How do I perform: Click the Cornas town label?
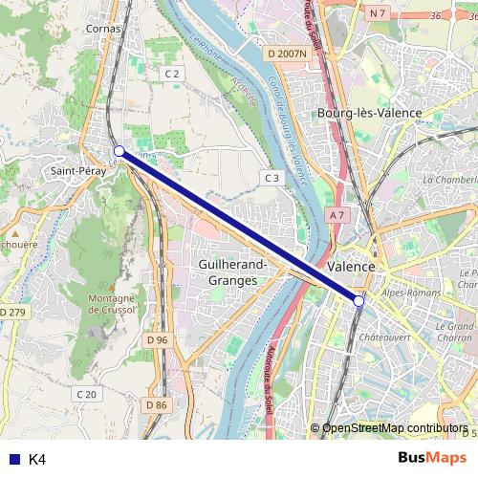pos(104,29)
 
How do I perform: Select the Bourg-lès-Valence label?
pos(369,113)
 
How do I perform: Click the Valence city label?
pos(350,266)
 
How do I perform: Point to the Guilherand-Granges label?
pos(233,271)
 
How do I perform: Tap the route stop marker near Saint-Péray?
pos(119,151)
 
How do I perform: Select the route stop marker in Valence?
pos(359,301)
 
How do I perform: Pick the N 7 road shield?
pos(378,12)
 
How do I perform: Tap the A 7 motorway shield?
pos(336,216)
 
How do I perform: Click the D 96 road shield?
pos(158,340)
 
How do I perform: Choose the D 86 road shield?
pos(156,405)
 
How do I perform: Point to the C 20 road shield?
pos(86,394)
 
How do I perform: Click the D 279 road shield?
pos(13,313)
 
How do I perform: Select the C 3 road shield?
pos(272,178)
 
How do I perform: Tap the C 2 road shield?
pos(172,74)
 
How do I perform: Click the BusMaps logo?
pos(433,458)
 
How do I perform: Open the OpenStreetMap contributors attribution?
pos(395,428)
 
